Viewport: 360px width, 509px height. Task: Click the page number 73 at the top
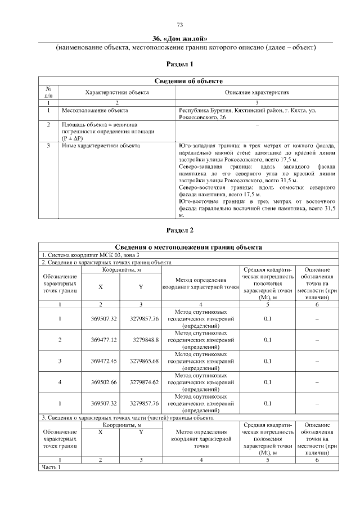coord(180,24)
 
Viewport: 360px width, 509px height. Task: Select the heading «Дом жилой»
coord(180,38)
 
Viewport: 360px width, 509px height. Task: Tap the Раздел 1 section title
coord(180,64)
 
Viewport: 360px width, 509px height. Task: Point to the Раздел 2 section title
coord(180,230)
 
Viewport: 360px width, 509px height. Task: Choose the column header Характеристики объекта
coord(117,92)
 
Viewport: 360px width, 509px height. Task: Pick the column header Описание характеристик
coord(257,92)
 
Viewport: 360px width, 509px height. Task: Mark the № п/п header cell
coord(49,92)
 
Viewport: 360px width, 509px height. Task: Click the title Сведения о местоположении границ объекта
coord(188,247)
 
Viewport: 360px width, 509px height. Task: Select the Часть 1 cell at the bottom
coord(51,467)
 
